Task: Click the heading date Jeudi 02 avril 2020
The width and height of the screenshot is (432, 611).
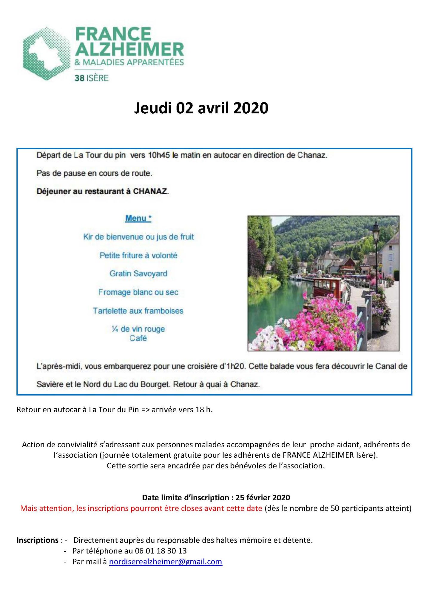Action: (x=201, y=108)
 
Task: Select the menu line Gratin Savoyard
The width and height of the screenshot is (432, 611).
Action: (x=138, y=274)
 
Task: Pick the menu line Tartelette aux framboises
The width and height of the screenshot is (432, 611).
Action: (x=138, y=311)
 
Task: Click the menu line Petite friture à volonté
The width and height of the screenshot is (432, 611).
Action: (x=138, y=255)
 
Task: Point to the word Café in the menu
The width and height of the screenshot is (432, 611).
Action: (x=138, y=338)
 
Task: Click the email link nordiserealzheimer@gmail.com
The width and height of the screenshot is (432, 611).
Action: (x=166, y=562)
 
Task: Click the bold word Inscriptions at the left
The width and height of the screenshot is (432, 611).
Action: (x=37, y=540)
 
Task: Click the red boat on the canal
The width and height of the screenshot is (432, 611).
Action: (x=328, y=286)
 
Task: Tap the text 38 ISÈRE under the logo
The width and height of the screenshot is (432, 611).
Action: (x=92, y=78)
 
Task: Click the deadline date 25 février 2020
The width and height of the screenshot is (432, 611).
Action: (x=263, y=497)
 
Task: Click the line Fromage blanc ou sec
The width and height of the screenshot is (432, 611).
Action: (x=138, y=292)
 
